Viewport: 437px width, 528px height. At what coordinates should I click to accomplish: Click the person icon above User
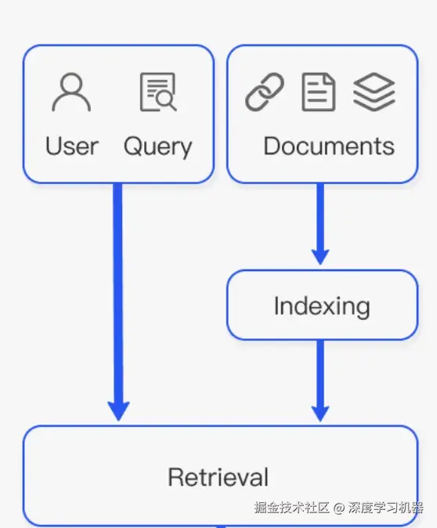click(x=71, y=92)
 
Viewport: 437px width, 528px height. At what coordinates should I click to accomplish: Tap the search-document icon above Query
click(x=158, y=92)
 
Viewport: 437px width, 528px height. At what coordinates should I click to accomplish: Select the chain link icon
click(x=265, y=92)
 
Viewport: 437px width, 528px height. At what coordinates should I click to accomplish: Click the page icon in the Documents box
click(x=319, y=92)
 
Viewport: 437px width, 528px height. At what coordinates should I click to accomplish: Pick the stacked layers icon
click(x=374, y=92)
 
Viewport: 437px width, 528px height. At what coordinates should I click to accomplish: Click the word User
click(x=72, y=146)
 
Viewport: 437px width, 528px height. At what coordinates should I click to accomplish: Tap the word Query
click(x=158, y=146)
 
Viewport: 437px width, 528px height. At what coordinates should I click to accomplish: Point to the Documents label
click(x=329, y=146)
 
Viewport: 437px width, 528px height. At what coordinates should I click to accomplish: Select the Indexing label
click(x=322, y=306)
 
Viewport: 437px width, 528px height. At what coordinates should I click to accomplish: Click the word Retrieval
click(x=218, y=477)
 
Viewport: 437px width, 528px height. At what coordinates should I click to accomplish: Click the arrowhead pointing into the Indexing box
click(x=320, y=257)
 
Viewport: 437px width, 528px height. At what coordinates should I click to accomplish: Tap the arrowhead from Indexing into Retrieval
click(x=320, y=414)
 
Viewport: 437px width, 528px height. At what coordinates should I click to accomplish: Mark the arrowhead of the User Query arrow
click(x=118, y=411)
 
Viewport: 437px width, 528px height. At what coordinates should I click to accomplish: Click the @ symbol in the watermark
click(x=339, y=508)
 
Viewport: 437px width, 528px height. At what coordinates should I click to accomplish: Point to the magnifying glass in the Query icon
click(x=166, y=101)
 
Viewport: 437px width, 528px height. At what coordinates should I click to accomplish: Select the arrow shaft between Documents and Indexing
click(x=320, y=216)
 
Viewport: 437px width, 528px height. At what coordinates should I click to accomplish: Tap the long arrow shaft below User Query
click(x=118, y=293)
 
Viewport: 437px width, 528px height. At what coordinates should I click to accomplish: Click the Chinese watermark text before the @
click(x=291, y=508)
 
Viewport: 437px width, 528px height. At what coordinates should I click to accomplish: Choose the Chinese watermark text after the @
click(x=386, y=508)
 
